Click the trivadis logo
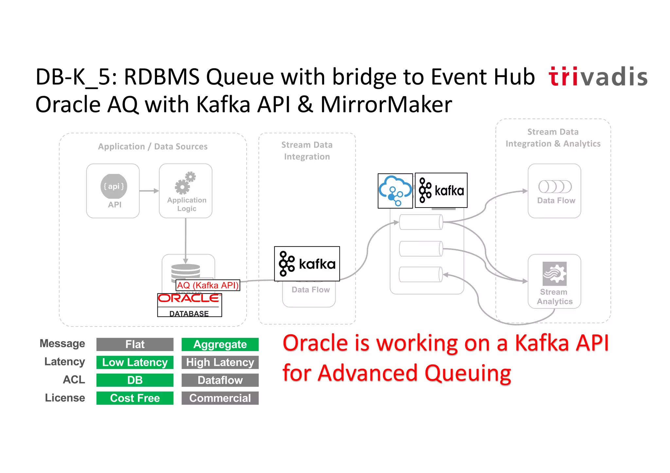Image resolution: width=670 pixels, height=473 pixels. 598,77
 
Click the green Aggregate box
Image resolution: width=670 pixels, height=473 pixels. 220,344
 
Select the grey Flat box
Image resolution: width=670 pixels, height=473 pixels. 135,344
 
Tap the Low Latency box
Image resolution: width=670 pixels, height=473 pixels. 135,362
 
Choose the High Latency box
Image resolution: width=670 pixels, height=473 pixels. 220,362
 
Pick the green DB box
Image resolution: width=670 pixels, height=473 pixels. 135,380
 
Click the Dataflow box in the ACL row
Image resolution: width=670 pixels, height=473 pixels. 220,380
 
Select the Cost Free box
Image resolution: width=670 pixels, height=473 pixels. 135,398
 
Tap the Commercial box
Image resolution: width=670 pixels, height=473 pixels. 220,398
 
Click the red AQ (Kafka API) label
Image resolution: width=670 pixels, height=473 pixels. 208,285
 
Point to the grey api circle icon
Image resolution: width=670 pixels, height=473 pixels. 114,186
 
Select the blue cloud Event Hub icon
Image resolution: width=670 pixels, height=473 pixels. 395,191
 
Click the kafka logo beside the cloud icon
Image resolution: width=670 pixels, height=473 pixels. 441,190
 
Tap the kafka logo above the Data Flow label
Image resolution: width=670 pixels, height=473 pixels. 307,264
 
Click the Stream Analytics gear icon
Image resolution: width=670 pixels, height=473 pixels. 555,274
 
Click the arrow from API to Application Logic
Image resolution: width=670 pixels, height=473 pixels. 149,191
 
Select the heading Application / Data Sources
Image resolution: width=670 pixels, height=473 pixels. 153,146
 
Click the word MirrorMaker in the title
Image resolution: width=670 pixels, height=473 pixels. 386,105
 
